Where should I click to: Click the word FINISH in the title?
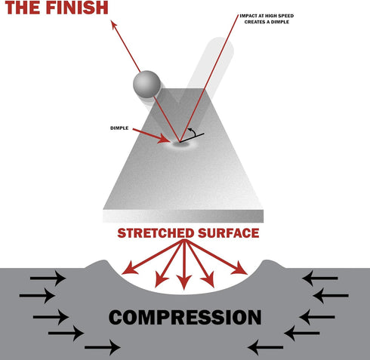77,8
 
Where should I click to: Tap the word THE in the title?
23,8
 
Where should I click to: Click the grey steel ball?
146,85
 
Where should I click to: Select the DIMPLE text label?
119,128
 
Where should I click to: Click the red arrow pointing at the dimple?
151,136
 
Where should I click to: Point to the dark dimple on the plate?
180,144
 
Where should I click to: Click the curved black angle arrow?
193,131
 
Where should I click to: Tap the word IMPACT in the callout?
248,16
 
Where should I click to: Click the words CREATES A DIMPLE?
267,22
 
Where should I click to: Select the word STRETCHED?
156,233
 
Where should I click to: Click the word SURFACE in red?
228,233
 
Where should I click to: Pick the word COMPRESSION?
185,317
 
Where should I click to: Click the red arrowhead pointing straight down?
184,282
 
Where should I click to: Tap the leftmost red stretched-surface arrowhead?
129,268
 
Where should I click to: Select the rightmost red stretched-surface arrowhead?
239,268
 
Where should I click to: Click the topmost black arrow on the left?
48,278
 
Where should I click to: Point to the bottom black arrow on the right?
266,347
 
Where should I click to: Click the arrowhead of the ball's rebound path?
114,26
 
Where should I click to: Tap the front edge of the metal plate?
183,216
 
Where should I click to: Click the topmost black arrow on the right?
320,278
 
